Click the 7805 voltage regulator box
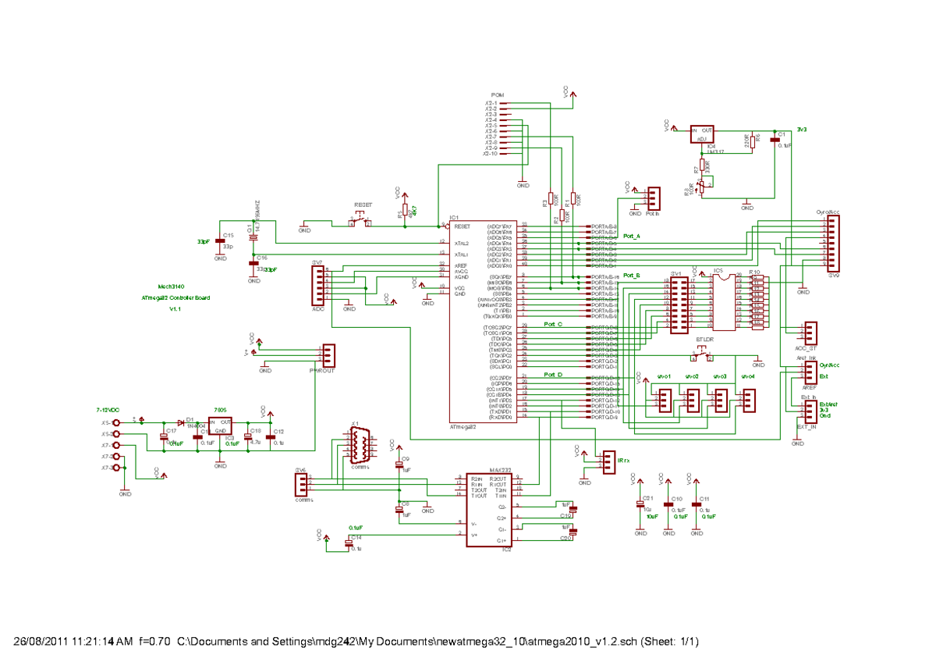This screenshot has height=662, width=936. click(220, 426)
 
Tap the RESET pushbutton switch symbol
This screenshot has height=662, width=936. click(360, 224)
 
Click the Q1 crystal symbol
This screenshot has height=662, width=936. click(253, 232)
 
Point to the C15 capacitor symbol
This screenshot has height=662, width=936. click(219, 241)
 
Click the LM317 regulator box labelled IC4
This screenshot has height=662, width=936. click(702, 135)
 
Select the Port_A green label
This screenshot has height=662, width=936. click(632, 237)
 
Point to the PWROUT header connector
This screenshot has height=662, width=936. click(328, 355)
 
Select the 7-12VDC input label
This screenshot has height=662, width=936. click(108, 409)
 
